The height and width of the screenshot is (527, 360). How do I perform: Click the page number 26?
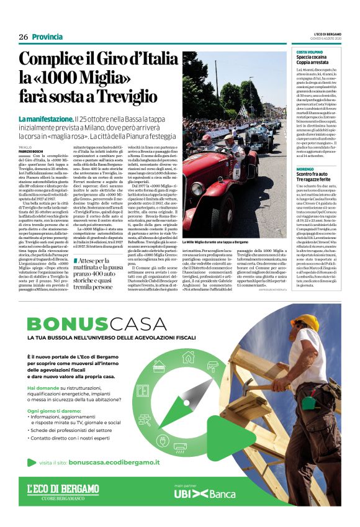(24, 37)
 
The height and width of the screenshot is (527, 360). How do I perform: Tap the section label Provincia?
(47, 37)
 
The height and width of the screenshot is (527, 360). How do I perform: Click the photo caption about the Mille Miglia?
(214, 241)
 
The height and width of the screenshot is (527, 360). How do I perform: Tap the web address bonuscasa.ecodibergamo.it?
(114, 462)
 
